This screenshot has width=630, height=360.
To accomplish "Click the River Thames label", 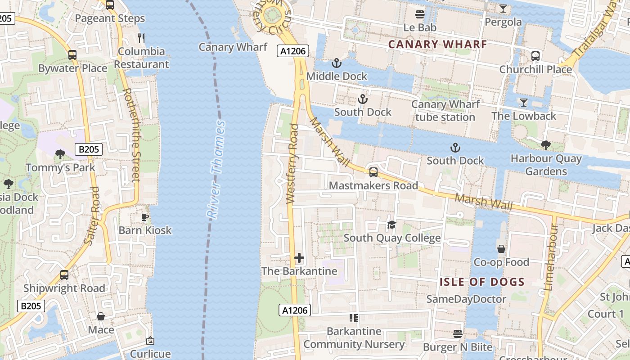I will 216,170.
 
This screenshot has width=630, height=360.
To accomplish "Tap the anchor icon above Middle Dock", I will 336,63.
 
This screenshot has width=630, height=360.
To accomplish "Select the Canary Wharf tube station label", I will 445,111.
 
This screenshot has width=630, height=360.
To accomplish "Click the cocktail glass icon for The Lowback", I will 523,103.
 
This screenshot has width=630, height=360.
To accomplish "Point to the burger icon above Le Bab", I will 420,14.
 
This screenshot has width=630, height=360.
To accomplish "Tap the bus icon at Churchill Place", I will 535,56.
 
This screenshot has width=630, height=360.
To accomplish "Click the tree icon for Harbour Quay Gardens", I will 546,145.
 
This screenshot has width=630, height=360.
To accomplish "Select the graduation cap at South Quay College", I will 391,225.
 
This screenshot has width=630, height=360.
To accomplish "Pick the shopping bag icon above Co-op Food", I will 501,249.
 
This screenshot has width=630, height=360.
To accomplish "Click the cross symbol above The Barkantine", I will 299,258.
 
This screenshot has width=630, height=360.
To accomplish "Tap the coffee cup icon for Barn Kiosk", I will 145,217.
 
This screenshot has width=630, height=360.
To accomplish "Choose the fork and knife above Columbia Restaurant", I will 141,38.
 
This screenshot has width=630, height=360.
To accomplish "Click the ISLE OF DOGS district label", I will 482,282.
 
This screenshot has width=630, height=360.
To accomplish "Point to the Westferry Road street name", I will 292,164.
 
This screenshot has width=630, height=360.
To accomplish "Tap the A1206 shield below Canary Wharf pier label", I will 293,51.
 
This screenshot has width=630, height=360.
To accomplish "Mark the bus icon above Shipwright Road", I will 64,275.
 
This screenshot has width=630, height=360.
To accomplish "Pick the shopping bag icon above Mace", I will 101,316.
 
